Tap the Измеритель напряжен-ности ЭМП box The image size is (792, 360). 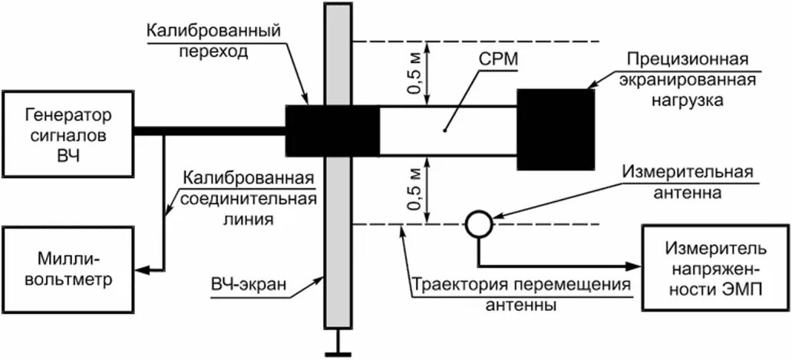pyautogui.click(x=714, y=268)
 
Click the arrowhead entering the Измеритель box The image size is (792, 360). pyautogui.click(x=634, y=266)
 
